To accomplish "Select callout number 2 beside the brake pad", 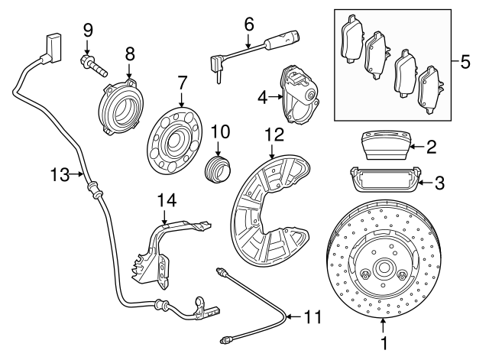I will (x=432, y=145).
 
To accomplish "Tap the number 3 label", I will (x=439, y=183).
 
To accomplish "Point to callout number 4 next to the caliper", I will (x=261, y=97).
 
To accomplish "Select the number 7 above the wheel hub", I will (x=182, y=82).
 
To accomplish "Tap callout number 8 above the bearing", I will (x=129, y=54).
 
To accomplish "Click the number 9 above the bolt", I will (x=88, y=30).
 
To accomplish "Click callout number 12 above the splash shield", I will (x=274, y=136).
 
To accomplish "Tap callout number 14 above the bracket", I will (x=167, y=200).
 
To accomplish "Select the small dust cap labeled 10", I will (x=217, y=167).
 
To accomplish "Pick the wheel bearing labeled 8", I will (x=121, y=105).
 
